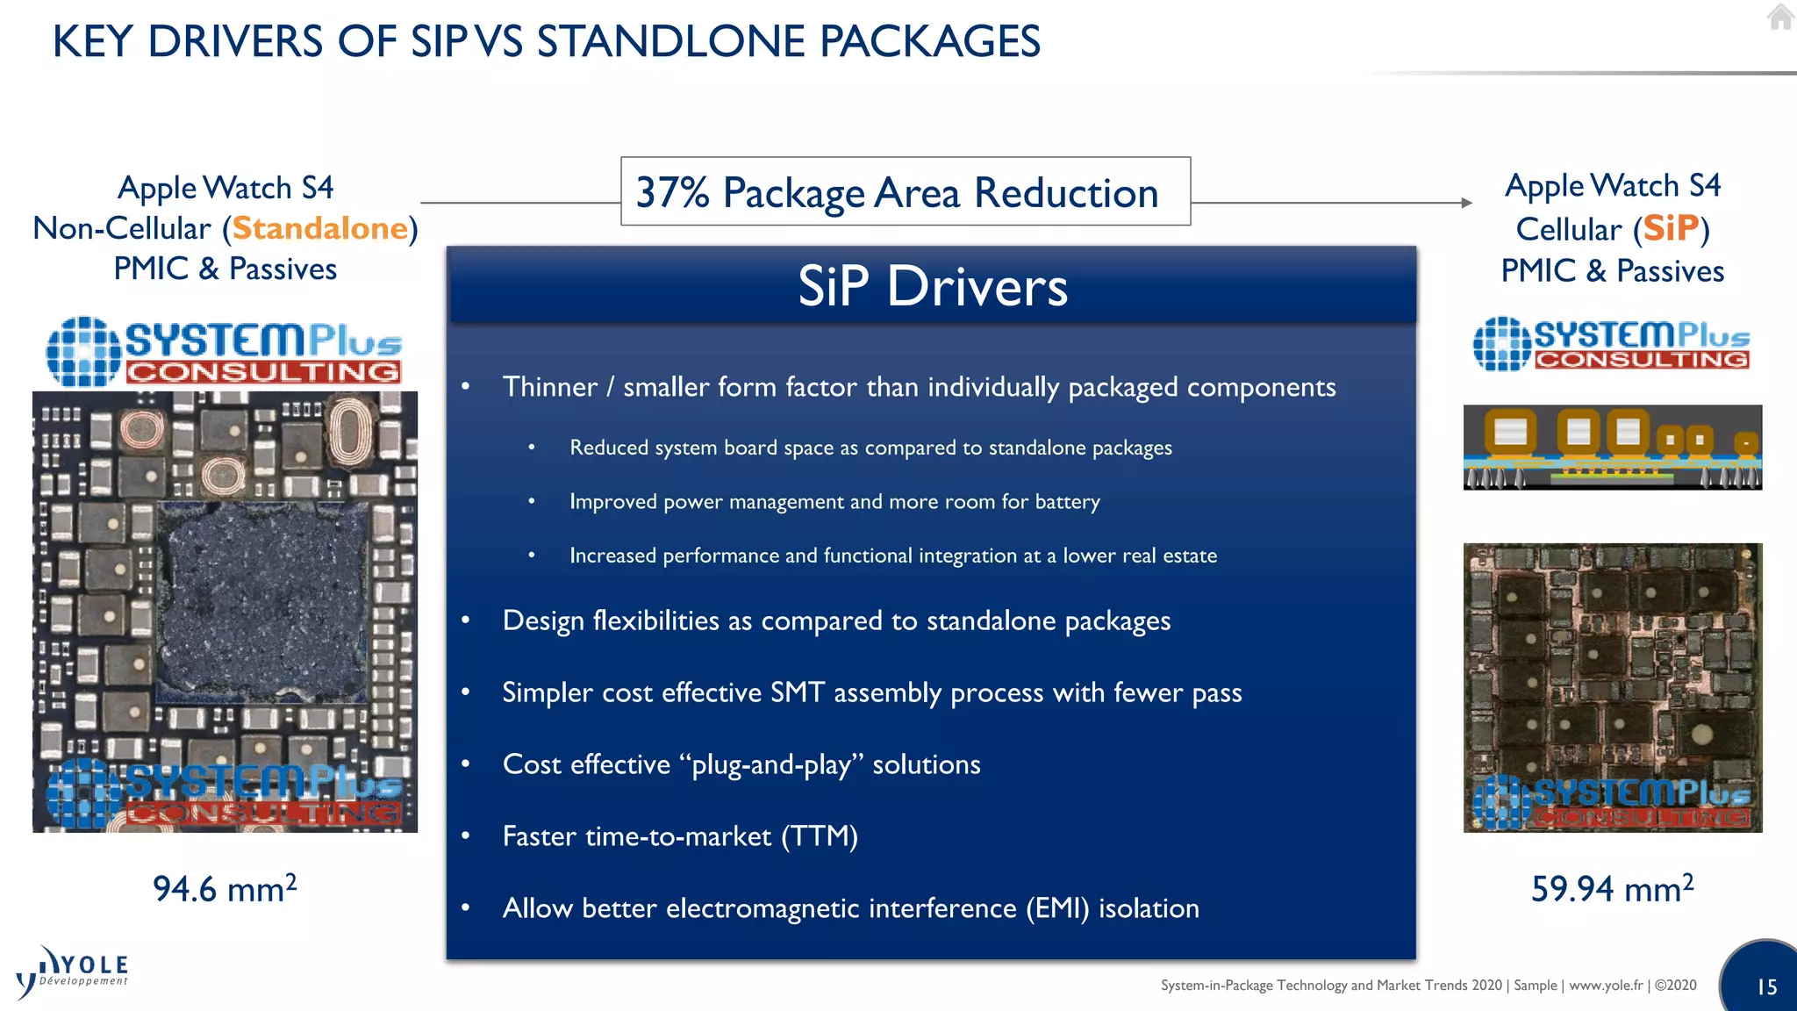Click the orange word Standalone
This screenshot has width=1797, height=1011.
(x=320, y=229)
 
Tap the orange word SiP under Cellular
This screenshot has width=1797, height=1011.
(x=1671, y=229)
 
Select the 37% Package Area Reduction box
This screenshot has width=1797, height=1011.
(x=905, y=192)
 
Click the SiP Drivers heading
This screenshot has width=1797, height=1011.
(x=932, y=287)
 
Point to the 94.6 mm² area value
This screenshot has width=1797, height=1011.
(x=225, y=889)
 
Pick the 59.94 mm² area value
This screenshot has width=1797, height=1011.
(x=1612, y=889)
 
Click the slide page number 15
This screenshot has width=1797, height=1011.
(x=1766, y=987)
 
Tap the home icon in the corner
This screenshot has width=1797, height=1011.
(x=1779, y=17)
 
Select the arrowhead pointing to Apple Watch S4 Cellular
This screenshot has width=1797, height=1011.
(x=1466, y=203)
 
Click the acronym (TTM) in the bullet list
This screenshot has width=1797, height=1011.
(x=820, y=836)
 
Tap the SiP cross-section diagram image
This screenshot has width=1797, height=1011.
(x=1612, y=447)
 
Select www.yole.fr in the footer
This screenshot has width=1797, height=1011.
(x=1606, y=986)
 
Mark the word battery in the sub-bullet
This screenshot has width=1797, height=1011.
(x=1067, y=502)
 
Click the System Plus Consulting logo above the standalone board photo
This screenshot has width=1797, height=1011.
(x=224, y=351)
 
